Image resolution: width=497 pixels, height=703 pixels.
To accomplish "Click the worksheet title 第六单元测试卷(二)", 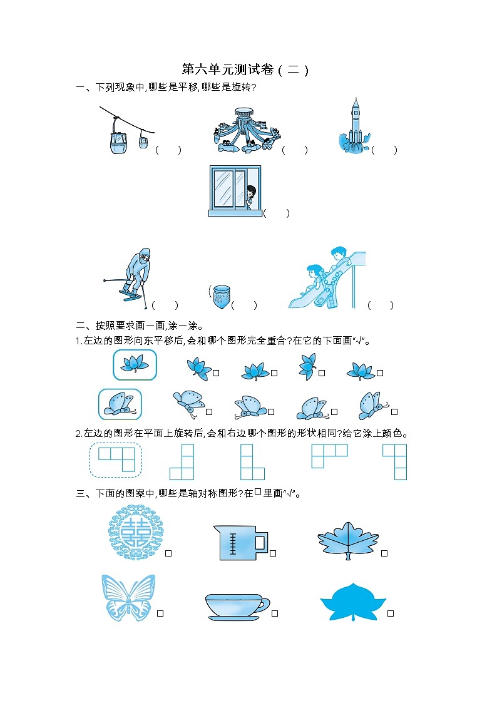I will (245, 69).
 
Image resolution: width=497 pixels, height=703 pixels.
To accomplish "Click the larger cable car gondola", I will (117, 143).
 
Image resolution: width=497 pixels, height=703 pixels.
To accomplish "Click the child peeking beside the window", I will (251, 195).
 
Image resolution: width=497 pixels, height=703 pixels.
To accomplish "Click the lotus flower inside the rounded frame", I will (135, 365).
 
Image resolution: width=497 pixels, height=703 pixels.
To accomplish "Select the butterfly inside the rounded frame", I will (120, 404).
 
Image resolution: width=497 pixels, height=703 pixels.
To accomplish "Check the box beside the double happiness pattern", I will (168, 553).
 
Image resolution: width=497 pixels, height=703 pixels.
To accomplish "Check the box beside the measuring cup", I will (274, 553).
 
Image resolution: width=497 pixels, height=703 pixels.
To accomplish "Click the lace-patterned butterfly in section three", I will (128, 598).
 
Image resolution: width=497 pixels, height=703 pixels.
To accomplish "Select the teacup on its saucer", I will (237, 607).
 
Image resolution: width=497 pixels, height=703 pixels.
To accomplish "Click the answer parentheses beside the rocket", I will (384, 150).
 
